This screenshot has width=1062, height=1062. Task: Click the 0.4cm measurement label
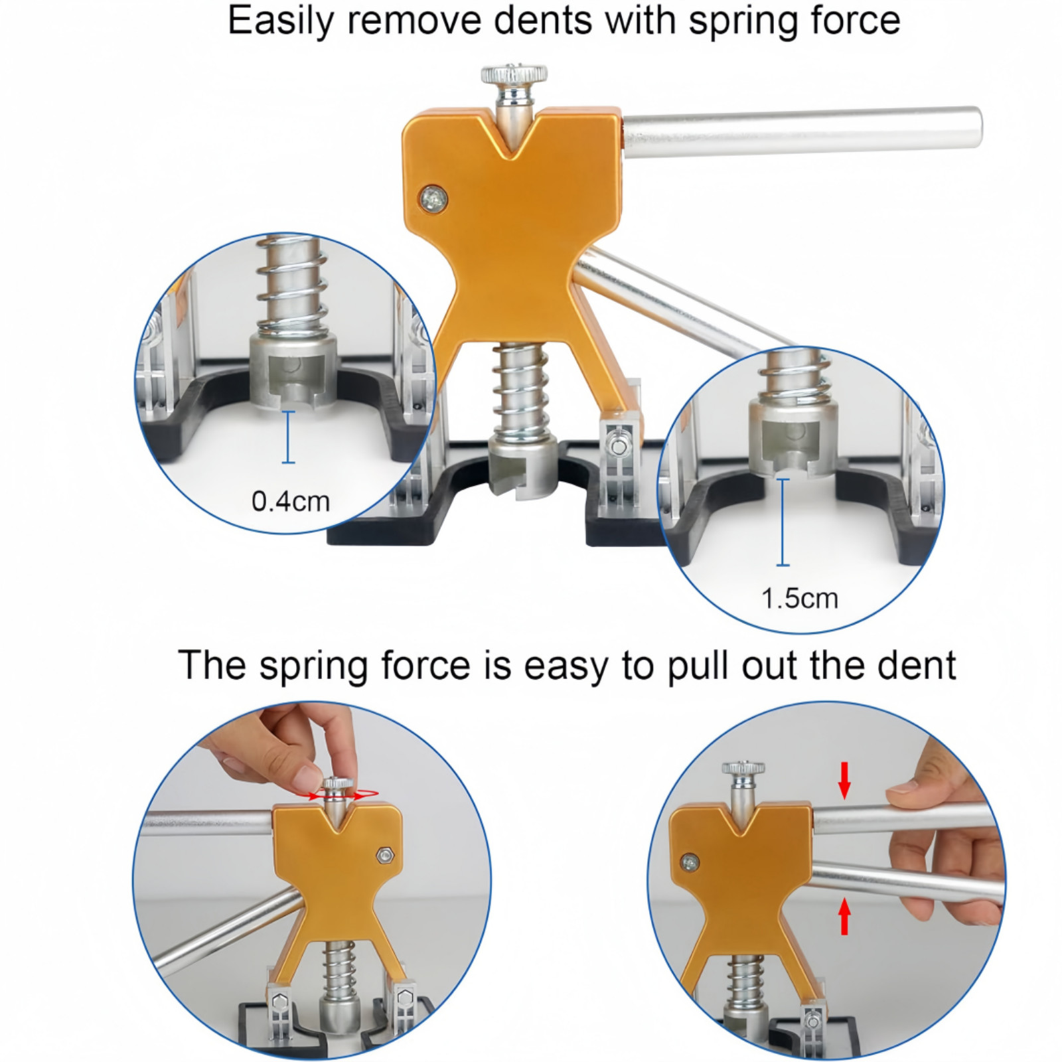point(291,501)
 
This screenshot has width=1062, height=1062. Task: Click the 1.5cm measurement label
point(800,599)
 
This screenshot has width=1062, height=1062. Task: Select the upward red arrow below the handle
point(844,915)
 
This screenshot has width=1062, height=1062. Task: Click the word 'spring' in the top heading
point(736,22)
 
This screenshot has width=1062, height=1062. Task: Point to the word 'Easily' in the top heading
point(278,22)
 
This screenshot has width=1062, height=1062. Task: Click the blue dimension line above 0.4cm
point(288,437)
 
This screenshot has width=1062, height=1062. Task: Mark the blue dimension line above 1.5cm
point(783,522)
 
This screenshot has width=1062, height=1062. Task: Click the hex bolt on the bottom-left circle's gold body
point(384,854)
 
